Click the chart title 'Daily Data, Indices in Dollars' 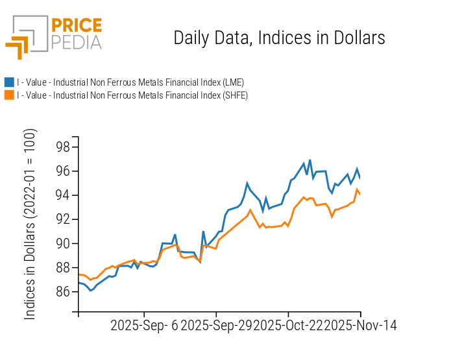click(279, 38)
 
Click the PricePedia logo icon click(26, 37)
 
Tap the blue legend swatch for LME click(9, 82)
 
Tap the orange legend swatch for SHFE click(9, 95)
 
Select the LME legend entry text click(130, 82)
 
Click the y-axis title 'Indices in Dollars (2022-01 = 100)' click(30, 224)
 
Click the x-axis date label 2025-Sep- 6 click(143, 325)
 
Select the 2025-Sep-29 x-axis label click(217, 325)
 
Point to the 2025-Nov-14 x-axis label click(360, 325)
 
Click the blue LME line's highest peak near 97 click(310, 160)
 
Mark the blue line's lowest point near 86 click(90, 290)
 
